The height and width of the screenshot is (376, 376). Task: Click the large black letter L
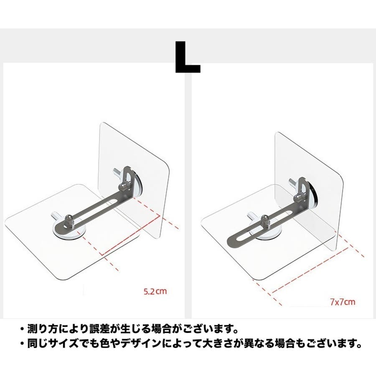[187, 57]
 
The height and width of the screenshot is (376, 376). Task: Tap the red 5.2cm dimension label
[155, 292]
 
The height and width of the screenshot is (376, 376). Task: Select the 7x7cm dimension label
[343, 302]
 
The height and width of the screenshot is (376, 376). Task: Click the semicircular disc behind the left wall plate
[137, 183]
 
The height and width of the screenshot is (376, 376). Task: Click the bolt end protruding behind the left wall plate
[117, 172]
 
